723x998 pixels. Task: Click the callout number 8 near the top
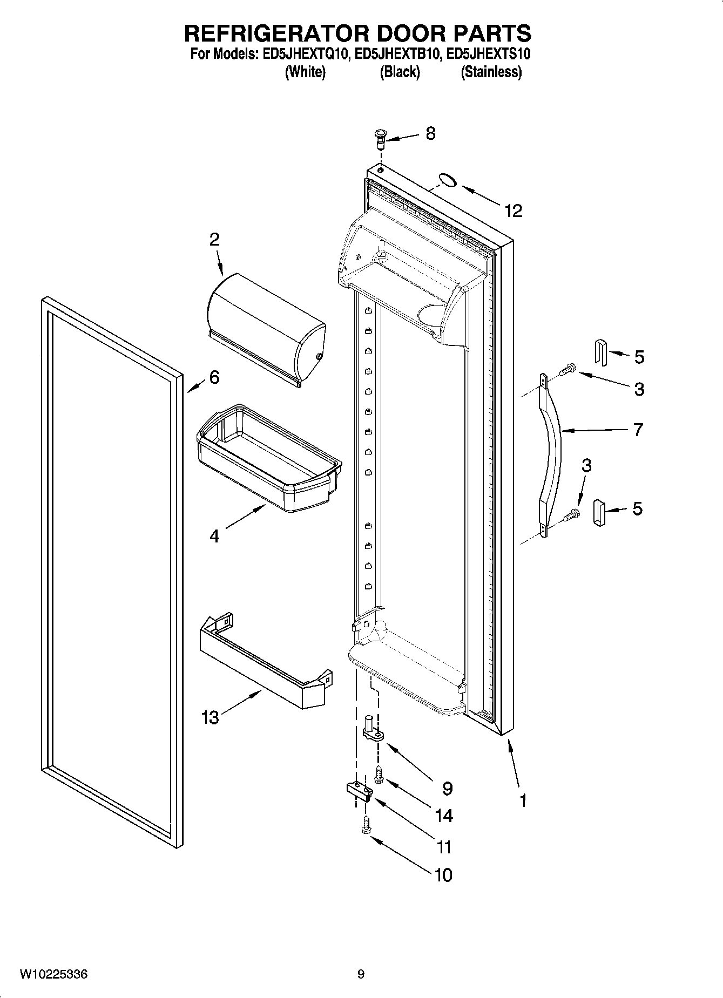430,133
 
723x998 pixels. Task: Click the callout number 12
513,211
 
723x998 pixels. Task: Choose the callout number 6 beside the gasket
214,377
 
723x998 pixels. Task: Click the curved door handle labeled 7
552,453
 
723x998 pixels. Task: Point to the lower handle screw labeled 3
571,514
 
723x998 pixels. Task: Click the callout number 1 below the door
523,799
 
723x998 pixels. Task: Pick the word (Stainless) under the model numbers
491,72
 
